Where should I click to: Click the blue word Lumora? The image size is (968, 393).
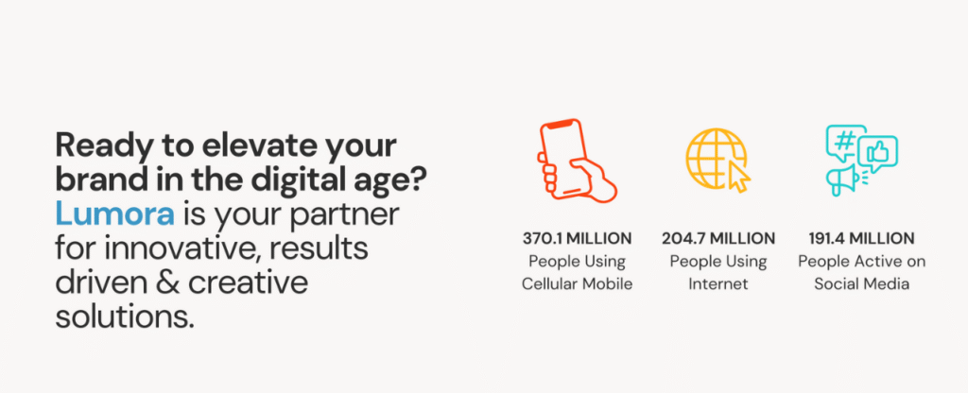114,214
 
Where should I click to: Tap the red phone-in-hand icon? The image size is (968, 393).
578,161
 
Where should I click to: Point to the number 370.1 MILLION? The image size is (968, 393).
578,238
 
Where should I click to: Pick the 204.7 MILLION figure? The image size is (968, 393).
718,238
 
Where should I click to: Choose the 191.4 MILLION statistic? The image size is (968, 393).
861,238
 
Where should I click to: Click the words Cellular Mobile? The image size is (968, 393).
578,284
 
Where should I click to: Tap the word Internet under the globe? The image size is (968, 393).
718,284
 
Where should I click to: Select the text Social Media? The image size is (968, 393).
861,284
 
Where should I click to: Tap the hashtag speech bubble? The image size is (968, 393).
845,142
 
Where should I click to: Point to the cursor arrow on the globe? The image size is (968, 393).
739,178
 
